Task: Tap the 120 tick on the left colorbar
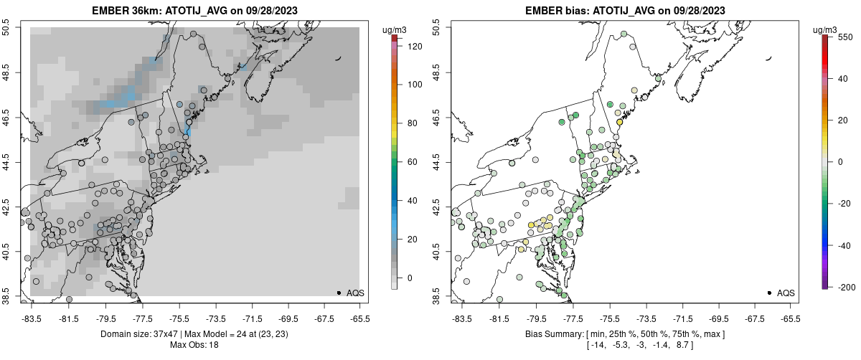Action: coord(414,46)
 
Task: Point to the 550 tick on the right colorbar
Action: coord(844,36)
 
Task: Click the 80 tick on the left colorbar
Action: coord(412,123)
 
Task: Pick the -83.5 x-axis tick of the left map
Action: coord(32,318)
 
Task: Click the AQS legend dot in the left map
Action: coord(339,293)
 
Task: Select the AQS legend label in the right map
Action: coord(786,293)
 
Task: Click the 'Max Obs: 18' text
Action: coord(194,345)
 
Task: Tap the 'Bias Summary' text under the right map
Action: coord(550,334)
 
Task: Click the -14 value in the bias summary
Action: coord(596,345)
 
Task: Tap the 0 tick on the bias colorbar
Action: coord(842,162)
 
